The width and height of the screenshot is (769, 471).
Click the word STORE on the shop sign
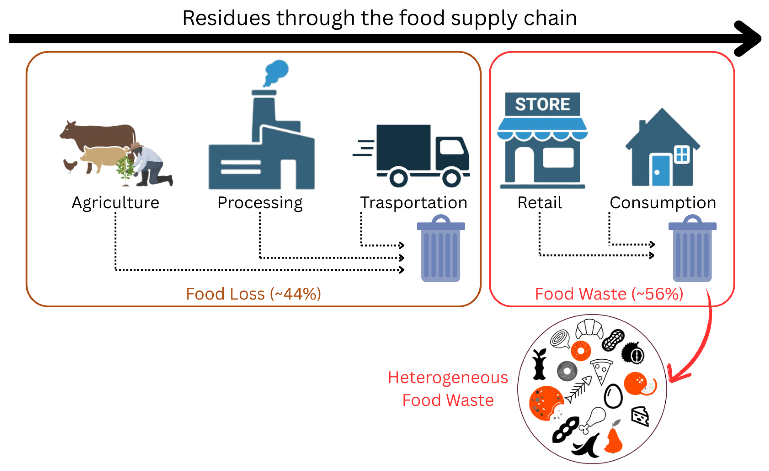[x=542, y=104]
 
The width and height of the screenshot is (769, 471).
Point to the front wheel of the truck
[x=451, y=178]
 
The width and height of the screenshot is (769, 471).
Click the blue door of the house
[x=661, y=170]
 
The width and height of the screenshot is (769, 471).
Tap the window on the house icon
[x=682, y=154]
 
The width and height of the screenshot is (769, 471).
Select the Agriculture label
[x=116, y=203]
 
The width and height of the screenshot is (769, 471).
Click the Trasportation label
[x=413, y=203]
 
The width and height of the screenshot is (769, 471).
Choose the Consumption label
[x=663, y=203]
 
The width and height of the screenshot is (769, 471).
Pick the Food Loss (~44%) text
[x=253, y=293]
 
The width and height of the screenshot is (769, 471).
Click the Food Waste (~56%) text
[x=609, y=293]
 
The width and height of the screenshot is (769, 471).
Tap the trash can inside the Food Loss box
[x=441, y=250]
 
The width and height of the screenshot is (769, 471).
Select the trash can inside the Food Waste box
[x=692, y=250]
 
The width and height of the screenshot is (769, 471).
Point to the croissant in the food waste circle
[x=589, y=329]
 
